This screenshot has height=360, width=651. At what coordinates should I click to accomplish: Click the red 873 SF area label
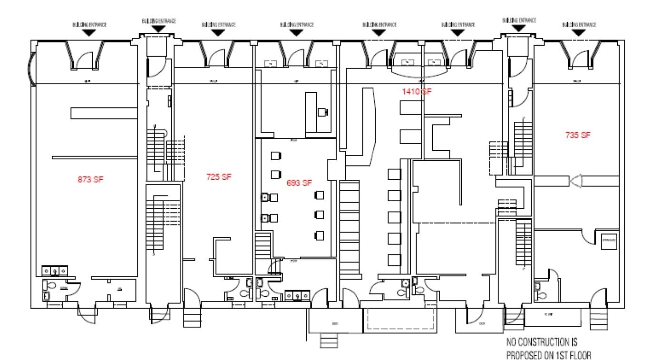[x=90, y=179]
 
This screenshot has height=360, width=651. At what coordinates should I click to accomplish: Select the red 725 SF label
[x=219, y=177]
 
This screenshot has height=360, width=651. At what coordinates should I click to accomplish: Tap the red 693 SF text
[x=299, y=183]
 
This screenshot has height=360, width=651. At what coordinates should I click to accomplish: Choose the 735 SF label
[x=578, y=135]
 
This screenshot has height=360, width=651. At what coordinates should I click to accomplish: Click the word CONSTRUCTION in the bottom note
[x=541, y=342]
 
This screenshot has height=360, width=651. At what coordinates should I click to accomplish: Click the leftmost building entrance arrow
[x=89, y=32]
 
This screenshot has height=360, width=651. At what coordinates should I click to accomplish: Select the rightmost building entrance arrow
[x=579, y=32]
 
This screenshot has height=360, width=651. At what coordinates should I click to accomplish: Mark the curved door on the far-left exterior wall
[x=32, y=68]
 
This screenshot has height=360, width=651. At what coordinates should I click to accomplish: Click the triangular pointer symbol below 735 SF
[x=575, y=181]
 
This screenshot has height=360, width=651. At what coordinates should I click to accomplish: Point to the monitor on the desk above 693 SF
[x=322, y=112]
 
